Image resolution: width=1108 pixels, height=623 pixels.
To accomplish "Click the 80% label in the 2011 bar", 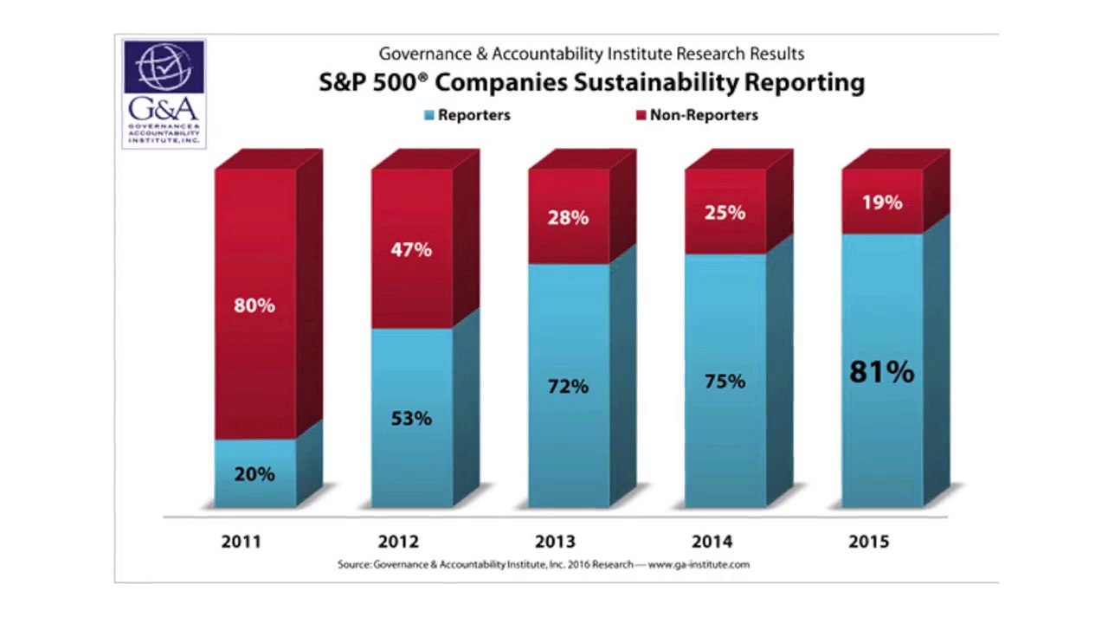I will tap(254, 305).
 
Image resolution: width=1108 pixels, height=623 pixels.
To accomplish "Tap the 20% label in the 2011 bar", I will tap(254, 474).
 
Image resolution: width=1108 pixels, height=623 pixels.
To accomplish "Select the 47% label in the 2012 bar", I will tap(411, 250).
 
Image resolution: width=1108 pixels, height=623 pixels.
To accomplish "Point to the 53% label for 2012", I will tap(411, 418).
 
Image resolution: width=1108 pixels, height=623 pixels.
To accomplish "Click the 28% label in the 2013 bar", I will tap(568, 218).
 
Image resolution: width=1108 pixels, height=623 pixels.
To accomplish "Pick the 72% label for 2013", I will tap(568, 386).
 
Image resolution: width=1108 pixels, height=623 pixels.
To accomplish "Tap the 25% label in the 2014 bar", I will tap(725, 212).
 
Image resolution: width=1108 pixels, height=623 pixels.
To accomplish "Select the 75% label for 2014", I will tap(725, 381).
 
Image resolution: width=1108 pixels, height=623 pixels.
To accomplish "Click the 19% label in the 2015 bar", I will tap(881, 202).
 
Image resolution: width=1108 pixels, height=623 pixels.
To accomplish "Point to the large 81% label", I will tap(881, 372).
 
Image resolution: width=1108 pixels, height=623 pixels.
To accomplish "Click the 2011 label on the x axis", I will tap(241, 542).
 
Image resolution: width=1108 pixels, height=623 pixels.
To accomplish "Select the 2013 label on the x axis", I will tap(554, 542).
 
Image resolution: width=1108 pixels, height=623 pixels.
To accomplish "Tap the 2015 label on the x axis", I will tap(868, 542).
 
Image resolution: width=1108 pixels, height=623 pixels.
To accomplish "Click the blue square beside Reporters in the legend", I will tap(428, 115).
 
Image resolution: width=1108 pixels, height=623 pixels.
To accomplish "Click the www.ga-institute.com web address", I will tap(699, 565).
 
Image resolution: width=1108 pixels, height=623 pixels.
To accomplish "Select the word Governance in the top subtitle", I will tap(425, 54).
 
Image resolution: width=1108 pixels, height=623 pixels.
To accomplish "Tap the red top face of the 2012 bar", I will tap(424, 159).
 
